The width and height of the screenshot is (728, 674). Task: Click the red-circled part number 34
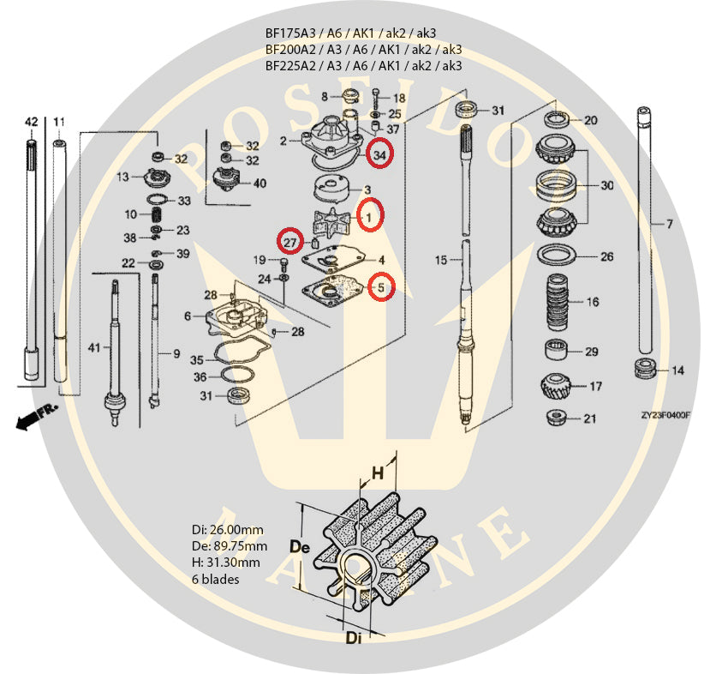379,154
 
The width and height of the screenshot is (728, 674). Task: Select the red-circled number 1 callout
369,218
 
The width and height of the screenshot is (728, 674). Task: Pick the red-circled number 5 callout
381,287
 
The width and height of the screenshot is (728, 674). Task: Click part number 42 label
31,122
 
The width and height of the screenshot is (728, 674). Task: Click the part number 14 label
677,370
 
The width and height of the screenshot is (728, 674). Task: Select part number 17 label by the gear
596,387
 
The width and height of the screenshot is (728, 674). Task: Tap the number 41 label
94,348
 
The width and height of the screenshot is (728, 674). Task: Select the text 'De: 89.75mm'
229,546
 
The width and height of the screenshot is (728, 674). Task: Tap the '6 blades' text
215,579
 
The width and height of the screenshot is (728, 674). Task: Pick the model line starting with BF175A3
363,34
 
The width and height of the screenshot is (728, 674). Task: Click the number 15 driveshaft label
441,259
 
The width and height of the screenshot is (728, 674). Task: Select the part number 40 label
259,183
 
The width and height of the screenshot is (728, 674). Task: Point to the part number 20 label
590,121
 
